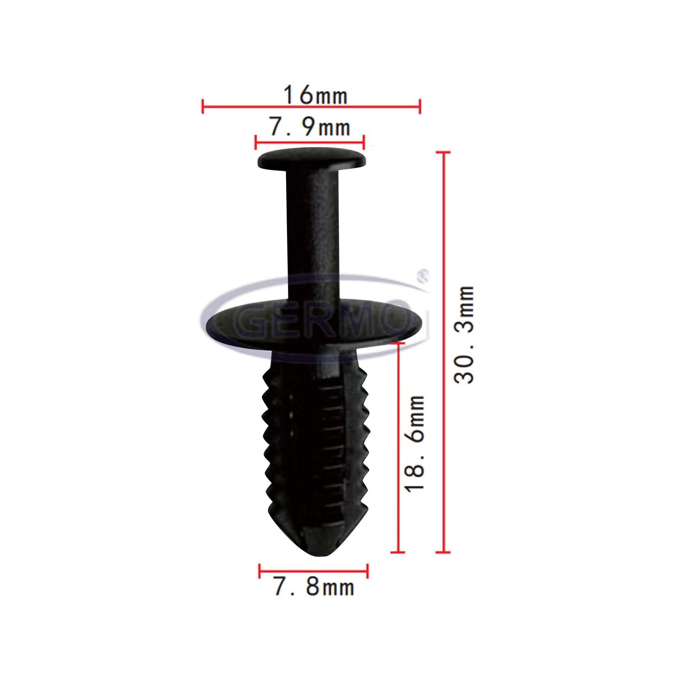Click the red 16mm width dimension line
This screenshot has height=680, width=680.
point(311,106)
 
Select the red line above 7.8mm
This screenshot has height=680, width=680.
point(313,570)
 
